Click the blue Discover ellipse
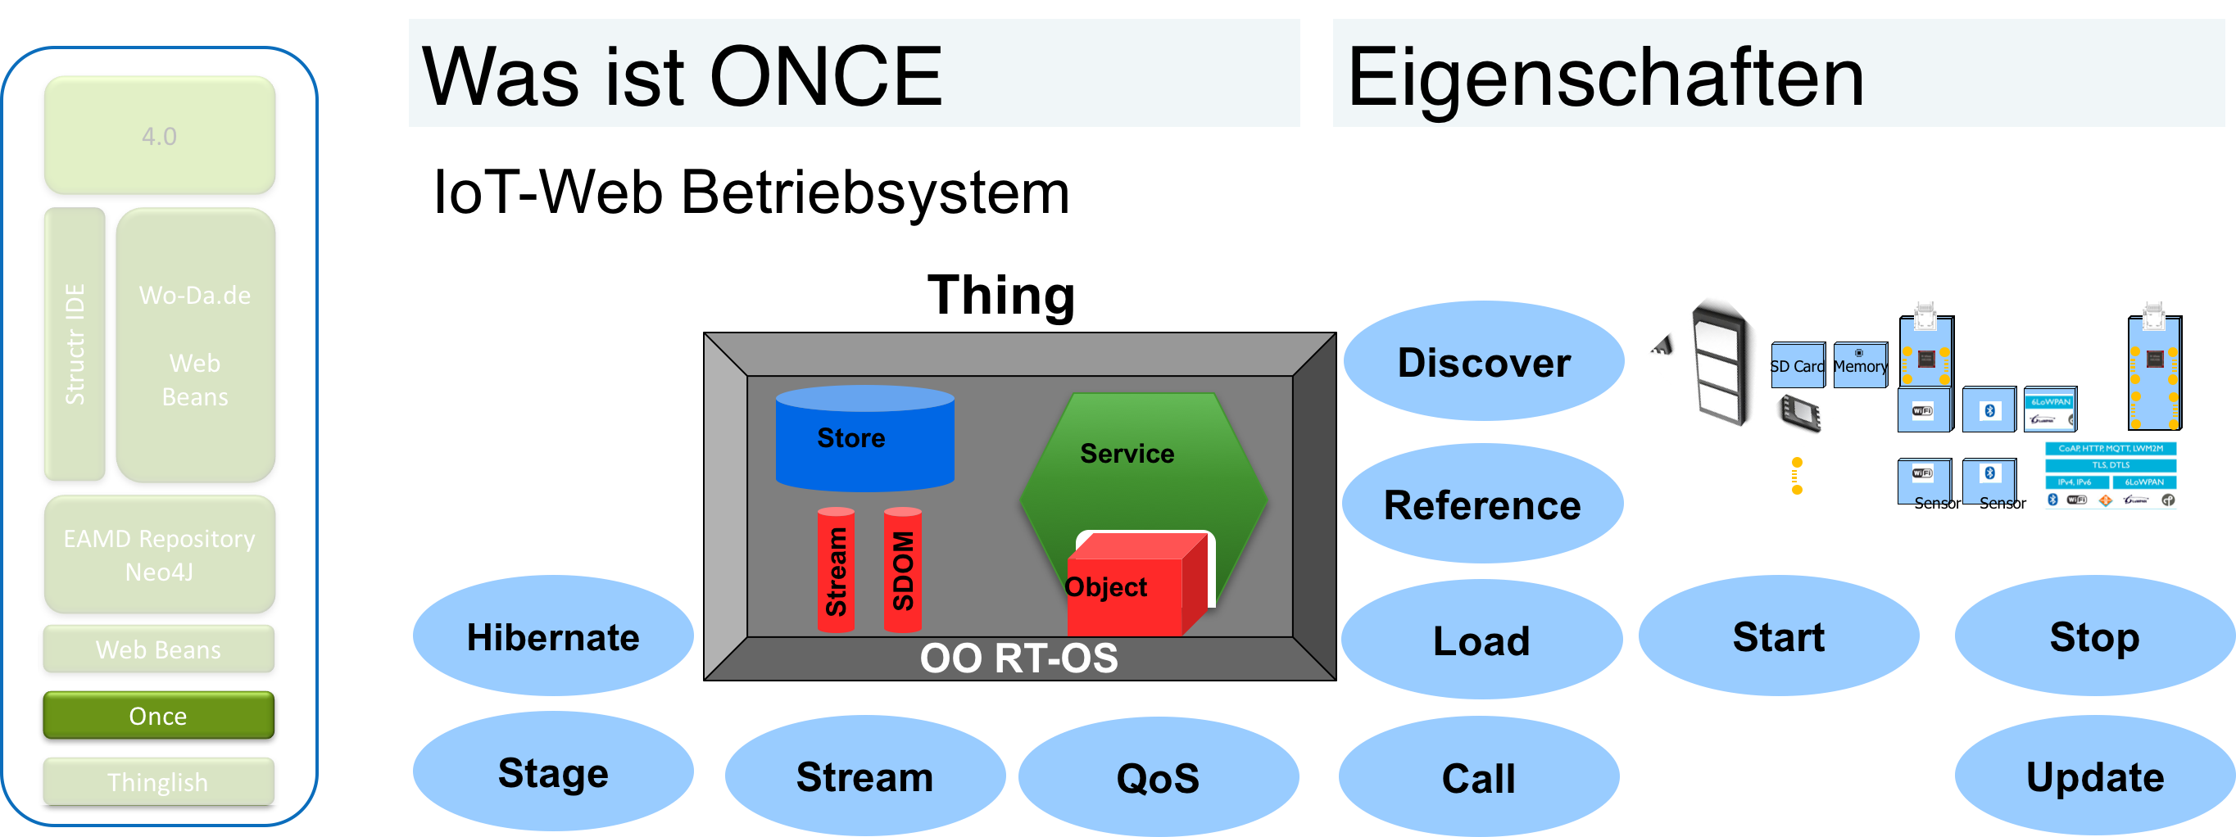coord(1484,362)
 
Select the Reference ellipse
coord(1481,504)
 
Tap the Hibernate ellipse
coord(553,636)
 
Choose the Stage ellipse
coord(553,772)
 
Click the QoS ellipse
coord(1158,777)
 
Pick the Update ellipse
coord(2094,776)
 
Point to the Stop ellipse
coord(2094,636)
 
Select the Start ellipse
coord(1779,636)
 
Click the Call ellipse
coord(1478,777)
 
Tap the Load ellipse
coord(1481,640)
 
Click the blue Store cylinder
coord(864,438)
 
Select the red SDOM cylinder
coord(903,570)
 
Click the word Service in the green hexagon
coord(1127,453)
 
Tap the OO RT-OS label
coord(1018,658)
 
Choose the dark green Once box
coord(159,716)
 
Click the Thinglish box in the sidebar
coord(159,781)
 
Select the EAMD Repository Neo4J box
coord(160,555)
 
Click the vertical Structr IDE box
coord(75,343)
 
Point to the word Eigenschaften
coord(1606,78)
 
